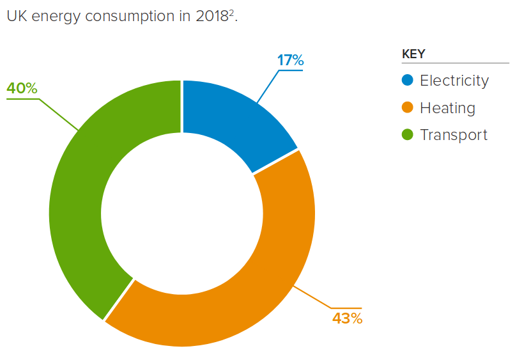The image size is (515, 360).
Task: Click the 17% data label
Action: click(290, 61)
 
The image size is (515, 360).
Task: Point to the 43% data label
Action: click(347, 318)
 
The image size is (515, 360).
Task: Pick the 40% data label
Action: click(22, 88)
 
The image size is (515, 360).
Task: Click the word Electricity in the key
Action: click(454, 81)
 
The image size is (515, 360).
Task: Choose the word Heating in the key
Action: click(447, 108)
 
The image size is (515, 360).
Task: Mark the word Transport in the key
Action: click(454, 135)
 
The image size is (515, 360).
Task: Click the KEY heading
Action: click(413, 54)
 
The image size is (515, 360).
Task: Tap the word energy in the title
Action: click(54, 17)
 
